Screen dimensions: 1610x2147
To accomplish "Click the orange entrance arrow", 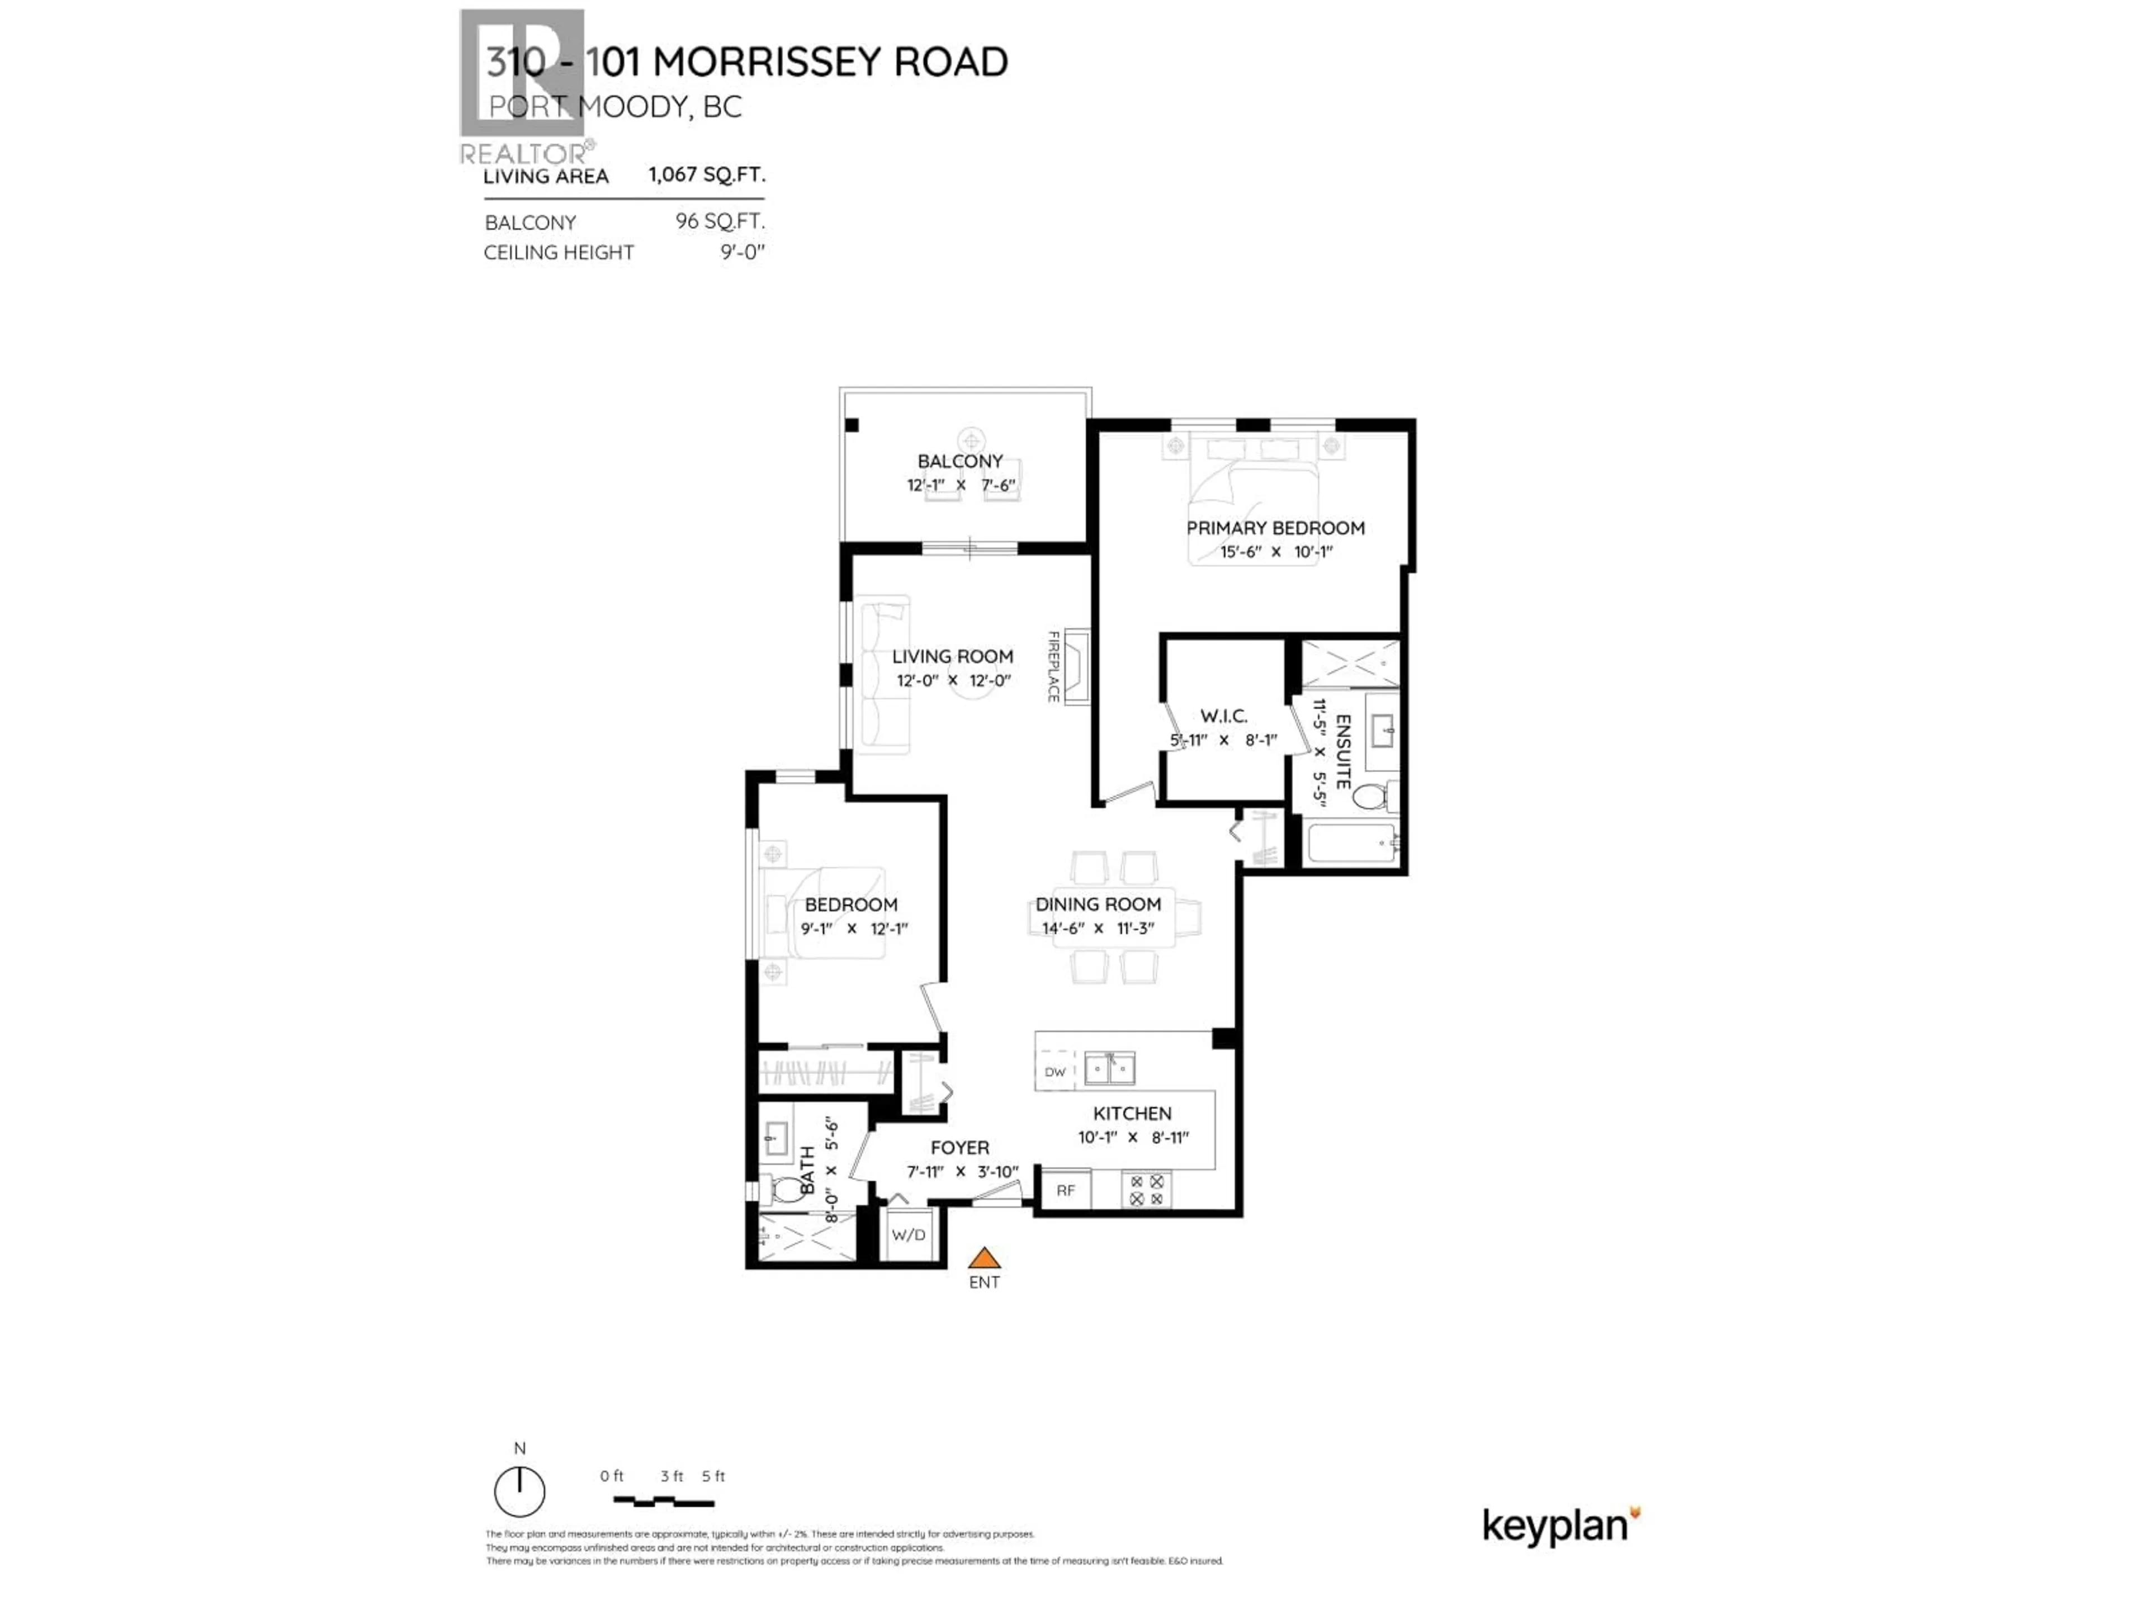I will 984,1259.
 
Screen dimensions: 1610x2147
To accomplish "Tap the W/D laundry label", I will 909,1235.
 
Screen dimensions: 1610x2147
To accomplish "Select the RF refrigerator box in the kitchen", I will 1065,1190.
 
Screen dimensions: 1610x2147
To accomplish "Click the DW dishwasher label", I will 1055,1072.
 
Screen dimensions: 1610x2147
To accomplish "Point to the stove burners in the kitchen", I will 1146,1190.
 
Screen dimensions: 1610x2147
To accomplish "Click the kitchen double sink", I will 1109,1068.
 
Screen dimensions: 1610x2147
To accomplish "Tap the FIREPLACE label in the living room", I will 1053,667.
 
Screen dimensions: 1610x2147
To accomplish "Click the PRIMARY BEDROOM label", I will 1275,528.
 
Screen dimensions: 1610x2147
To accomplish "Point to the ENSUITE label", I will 1344,752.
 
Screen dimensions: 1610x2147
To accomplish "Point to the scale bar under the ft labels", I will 664,1502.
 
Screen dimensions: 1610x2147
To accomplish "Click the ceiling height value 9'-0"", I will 743,252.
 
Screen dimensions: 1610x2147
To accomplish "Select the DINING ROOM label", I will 1098,905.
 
